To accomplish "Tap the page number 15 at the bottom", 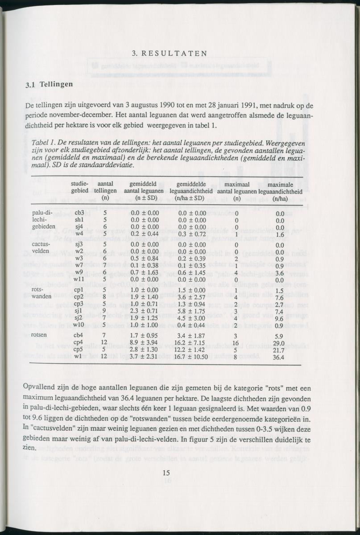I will [167, 473].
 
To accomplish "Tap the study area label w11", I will [80, 280].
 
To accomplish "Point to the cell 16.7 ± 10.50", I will [191, 357].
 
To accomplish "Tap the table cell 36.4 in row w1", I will [280, 357].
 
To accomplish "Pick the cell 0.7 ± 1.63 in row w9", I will [141, 273].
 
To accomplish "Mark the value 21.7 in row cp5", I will [280, 350].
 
